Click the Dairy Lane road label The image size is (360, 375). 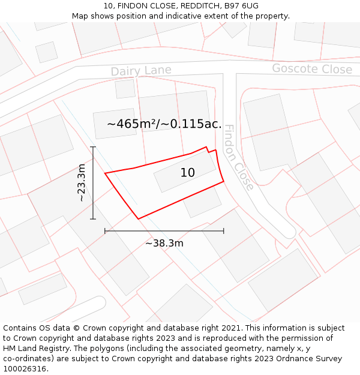click(x=141, y=71)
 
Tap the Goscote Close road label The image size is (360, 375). click(x=312, y=69)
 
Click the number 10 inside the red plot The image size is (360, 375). click(x=188, y=173)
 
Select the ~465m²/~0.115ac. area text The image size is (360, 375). click(x=164, y=125)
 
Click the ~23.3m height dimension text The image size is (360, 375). click(x=82, y=182)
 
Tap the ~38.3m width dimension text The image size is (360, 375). click(x=164, y=243)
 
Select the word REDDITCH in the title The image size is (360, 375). click(x=182, y=6)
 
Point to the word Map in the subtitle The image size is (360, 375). click(x=81, y=16)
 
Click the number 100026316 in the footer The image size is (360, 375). click(x=25, y=369)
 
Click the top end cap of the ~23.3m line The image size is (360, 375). click(x=93, y=146)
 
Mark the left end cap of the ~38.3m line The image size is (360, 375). click(x=105, y=230)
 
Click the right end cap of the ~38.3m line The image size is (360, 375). click(x=224, y=230)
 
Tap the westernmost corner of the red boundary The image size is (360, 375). click(x=106, y=173)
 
